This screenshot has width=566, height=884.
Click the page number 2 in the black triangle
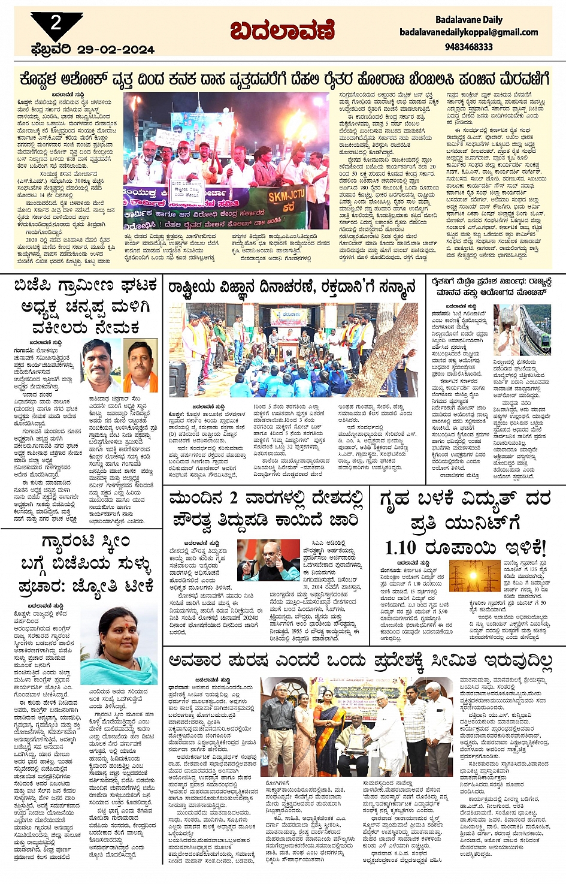tap(56, 23)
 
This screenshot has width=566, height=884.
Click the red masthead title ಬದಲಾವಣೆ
tap(282, 30)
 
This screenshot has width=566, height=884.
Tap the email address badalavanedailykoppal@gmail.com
tap(468, 32)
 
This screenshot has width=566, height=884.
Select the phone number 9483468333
tap(469, 47)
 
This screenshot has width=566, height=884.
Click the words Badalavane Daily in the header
tap(468, 20)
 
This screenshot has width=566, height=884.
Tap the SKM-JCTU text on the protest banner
tap(286, 197)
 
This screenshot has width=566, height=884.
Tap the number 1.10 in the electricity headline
tap(401, 547)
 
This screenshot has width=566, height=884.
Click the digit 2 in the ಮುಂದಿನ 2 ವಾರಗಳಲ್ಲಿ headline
tap(233, 498)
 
